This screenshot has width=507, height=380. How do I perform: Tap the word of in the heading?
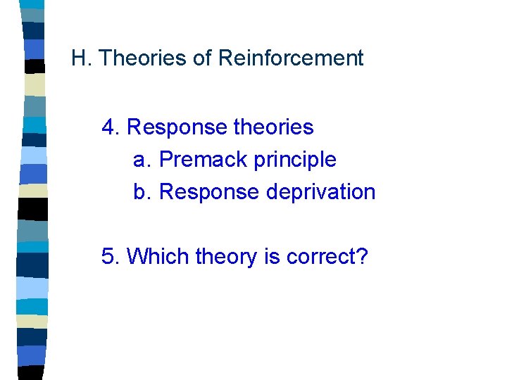coord(202,58)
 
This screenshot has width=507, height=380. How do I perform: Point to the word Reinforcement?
coord(291,58)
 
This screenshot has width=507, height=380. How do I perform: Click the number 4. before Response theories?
coord(111,127)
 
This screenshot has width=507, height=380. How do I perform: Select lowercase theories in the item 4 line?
coord(273,127)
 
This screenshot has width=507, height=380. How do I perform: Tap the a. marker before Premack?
coord(142,160)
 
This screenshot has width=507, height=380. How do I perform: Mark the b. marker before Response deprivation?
coord(142,191)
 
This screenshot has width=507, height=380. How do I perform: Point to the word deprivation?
coord(320,192)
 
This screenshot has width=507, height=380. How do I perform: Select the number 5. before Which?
coord(111,256)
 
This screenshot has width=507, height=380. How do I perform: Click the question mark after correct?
coord(362,256)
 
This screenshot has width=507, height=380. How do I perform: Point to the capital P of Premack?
coord(166,160)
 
